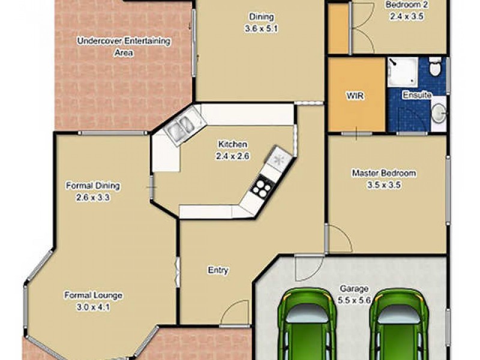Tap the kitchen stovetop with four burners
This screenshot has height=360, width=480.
pos(261,188)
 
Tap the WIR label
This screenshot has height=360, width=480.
pos(356,95)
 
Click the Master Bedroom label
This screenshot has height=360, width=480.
pos(383,173)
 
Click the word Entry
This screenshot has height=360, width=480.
pos(218,271)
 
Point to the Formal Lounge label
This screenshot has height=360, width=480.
pos(94,295)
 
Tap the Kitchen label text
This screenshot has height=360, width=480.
pos(233,145)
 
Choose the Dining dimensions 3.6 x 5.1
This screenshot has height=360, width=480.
pos(261,28)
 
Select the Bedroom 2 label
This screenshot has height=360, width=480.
pos(407,4)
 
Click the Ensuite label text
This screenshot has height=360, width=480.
pos(415,95)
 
